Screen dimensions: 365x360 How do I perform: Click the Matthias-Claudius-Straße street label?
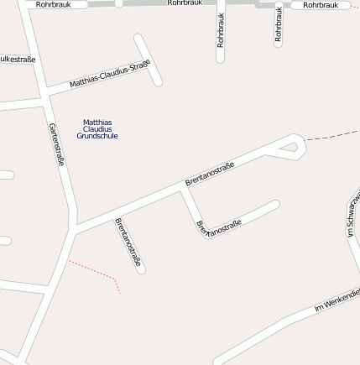click(x=110, y=74)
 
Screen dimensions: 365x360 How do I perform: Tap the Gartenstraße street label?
click(x=56, y=143)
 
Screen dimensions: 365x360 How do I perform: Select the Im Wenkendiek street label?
click(x=337, y=300)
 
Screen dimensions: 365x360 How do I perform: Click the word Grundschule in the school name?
click(x=97, y=136)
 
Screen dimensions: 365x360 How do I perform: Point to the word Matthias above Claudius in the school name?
click(x=97, y=123)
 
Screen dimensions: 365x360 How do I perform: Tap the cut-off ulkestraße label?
click(x=17, y=60)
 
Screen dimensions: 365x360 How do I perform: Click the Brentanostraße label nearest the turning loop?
click(x=210, y=174)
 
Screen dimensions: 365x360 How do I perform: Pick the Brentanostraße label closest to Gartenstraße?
click(x=128, y=243)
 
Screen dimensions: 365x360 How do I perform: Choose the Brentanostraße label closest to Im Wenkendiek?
click(x=219, y=227)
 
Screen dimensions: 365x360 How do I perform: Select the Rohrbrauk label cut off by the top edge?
click(x=185, y=3)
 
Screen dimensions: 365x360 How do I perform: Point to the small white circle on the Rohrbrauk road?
click(x=118, y=3)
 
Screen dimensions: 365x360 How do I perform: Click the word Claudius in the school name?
click(x=97, y=129)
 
